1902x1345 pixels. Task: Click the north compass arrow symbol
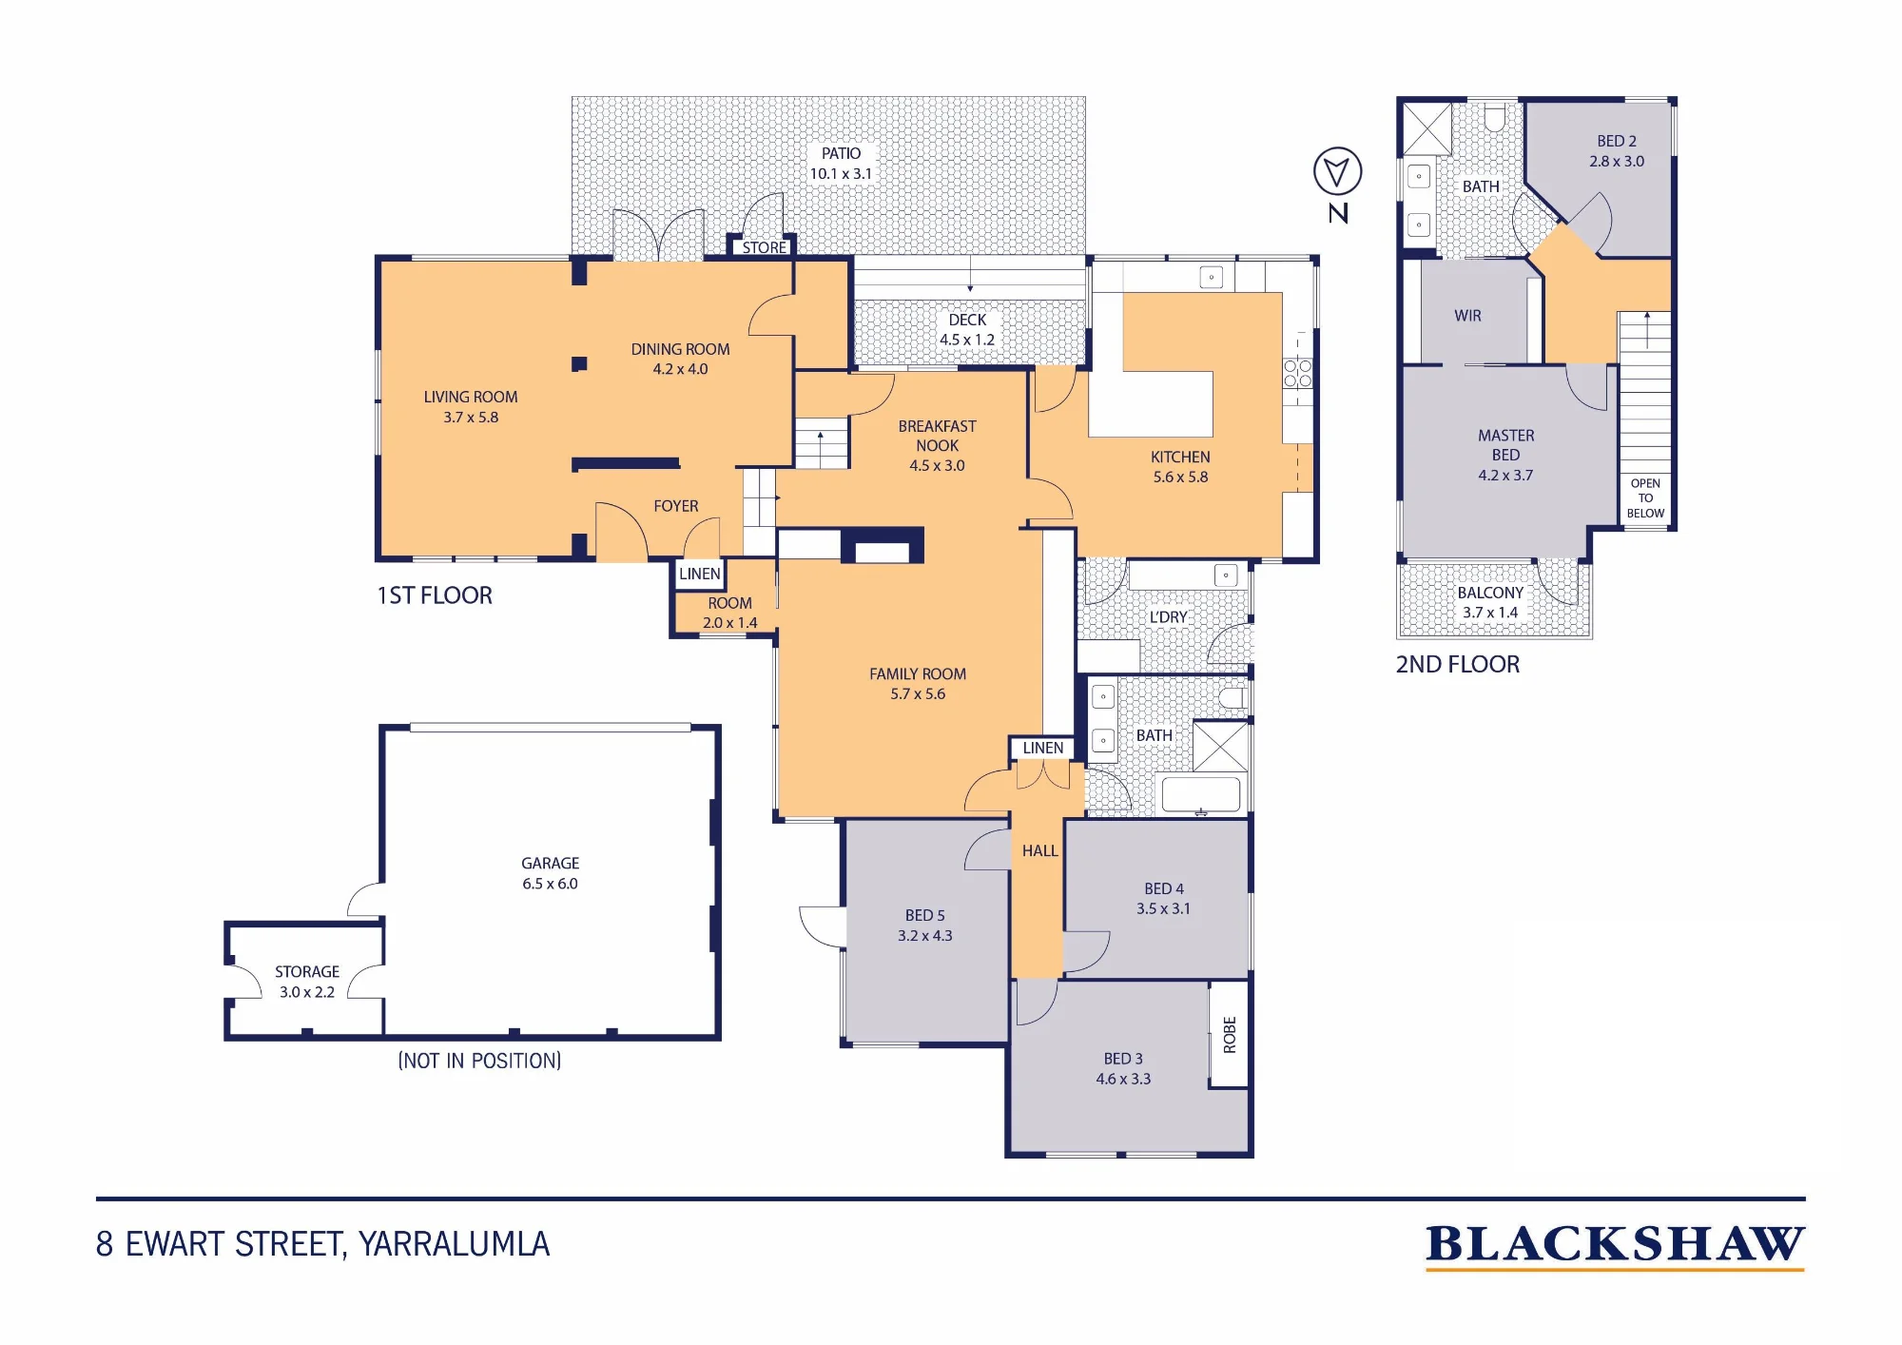[x=1337, y=172]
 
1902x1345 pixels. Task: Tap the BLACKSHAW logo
[x=1615, y=1246]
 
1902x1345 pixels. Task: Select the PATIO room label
[x=841, y=153]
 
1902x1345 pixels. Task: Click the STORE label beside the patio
[x=765, y=247]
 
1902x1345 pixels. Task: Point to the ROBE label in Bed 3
[x=1230, y=1035]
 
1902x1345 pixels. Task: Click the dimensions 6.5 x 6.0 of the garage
[x=550, y=884]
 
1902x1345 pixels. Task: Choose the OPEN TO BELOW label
[x=1645, y=498]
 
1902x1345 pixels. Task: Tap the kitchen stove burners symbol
[x=1297, y=373]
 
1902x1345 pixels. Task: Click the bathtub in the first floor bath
[x=1200, y=794]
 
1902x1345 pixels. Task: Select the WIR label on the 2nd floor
[x=1467, y=316]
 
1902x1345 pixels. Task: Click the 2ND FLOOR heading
[x=1457, y=664]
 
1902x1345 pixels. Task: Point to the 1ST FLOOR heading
[x=435, y=595]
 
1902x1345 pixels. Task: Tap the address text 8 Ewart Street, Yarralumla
[x=322, y=1244]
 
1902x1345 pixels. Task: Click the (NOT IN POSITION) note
[x=479, y=1061]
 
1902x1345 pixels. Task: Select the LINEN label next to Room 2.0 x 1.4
[x=700, y=574]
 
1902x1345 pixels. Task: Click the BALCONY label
[x=1490, y=593]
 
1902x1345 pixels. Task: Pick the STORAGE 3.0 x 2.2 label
[x=307, y=982]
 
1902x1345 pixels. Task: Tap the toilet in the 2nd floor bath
[x=1494, y=118]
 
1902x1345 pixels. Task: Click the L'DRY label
[x=1168, y=617]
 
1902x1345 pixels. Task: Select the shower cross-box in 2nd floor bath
[x=1427, y=128]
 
